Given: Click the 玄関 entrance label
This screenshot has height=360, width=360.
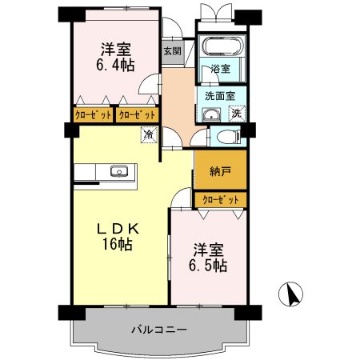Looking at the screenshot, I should pos(172,51).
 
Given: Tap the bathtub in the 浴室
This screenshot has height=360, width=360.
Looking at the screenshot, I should pos(218,47).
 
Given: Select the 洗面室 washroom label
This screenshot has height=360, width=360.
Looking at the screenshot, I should pos(219,95).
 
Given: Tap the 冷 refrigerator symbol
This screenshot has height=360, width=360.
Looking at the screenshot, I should pos(148,134).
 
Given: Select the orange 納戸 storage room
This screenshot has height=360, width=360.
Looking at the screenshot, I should pos(221,170).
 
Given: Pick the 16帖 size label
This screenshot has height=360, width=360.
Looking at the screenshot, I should pos(117,245).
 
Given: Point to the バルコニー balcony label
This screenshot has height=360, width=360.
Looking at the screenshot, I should pos(158,329).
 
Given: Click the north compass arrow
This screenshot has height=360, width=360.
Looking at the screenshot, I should pos(294,294).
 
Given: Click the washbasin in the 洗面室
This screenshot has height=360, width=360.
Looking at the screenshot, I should pos(211,114).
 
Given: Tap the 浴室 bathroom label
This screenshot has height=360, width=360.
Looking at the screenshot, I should pos(221,70).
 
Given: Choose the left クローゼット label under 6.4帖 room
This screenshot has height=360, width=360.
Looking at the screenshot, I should pos(92,114).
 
